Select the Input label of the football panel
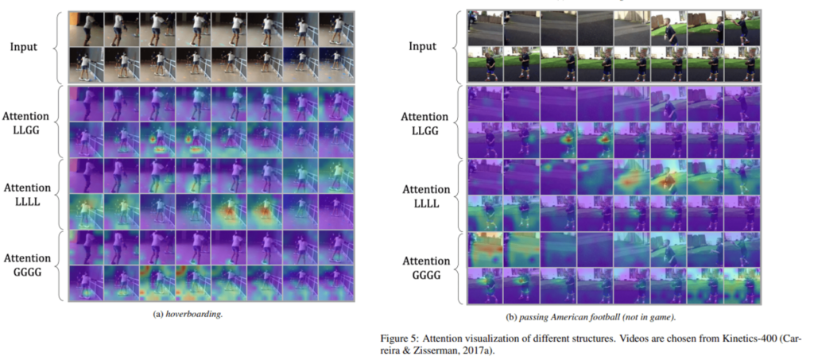click(422, 46)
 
